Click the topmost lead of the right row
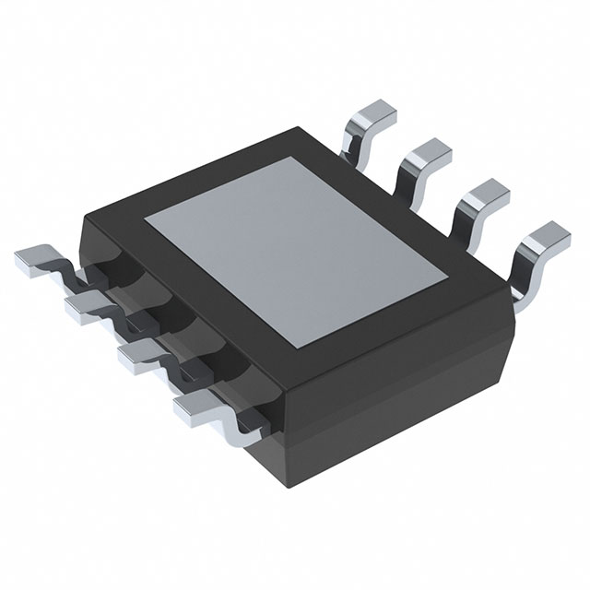pos(373,118)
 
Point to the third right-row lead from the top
pos(484,195)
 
